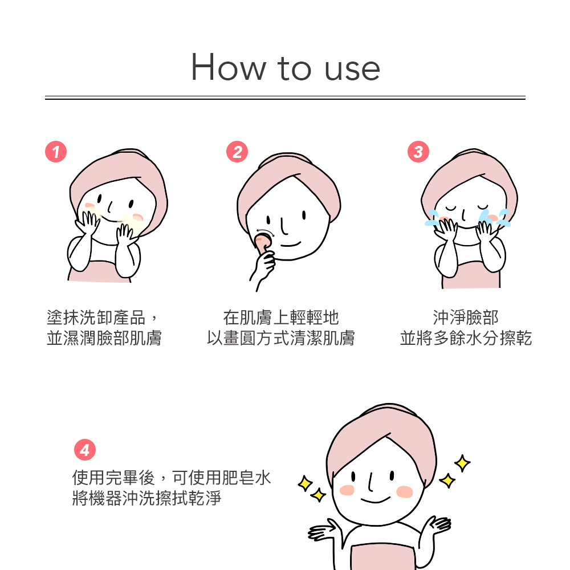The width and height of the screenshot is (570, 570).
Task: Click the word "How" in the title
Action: click(229, 67)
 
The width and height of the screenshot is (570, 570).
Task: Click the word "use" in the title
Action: click(352, 69)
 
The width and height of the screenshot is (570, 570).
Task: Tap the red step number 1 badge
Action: click(56, 152)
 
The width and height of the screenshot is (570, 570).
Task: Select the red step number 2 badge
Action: click(237, 152)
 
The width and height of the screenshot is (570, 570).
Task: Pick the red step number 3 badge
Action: click(418, 152)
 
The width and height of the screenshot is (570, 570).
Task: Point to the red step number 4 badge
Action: click(85, 450)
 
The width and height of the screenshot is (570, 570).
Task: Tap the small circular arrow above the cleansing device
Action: click(264, 233)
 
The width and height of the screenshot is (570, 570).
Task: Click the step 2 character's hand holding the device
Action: click(262, 267)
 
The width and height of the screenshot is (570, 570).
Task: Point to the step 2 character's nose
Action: click(283, 226)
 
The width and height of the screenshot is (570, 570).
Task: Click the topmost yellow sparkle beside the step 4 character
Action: click(462, 463)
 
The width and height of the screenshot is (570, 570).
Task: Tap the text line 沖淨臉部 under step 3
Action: click(466, 317)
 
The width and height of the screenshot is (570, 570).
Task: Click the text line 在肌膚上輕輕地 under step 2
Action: click(281, 317)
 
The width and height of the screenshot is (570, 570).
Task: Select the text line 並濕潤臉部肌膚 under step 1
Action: click(104, 338)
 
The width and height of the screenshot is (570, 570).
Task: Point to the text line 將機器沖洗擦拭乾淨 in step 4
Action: click(147, 498)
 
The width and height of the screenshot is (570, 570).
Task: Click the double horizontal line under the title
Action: click(285, 97)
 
